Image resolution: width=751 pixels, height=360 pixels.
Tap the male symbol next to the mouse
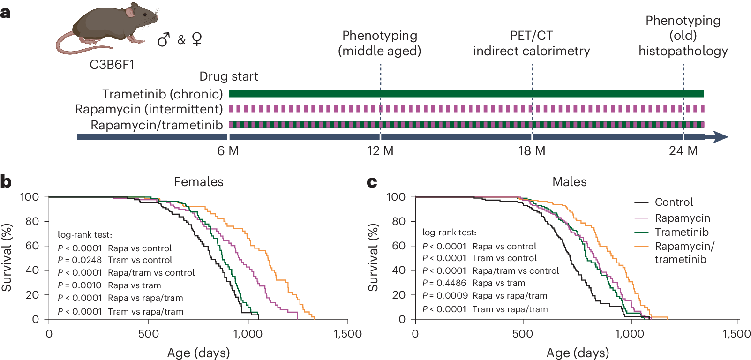click(x=163, y=40)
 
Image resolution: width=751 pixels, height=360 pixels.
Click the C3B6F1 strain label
click(x=112, y=65)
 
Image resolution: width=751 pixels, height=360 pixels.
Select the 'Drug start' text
click(x=228, y=76)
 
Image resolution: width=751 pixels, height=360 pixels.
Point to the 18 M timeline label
click(x=532, y=151)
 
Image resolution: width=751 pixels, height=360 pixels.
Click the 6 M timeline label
click(x=228, y=151)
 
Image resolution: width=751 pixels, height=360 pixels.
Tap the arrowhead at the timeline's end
click(x=720, y=137)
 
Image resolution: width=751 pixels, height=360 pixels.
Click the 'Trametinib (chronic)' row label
click(x=162, y=94)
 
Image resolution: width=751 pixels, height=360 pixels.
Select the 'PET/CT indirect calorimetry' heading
click(x=531, y=43)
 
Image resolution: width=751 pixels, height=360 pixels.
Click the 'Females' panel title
click(x=198, y=182)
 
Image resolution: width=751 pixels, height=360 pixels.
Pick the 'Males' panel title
click(x=569, y=182)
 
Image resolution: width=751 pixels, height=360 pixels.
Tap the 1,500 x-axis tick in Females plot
click(x=347, y=334)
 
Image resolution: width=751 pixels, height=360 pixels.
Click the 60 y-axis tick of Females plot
click(x=32, y=246)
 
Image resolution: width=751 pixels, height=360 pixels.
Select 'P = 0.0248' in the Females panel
click(x=80, y=260)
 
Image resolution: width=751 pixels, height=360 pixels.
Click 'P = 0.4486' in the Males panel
click(x=444, y=283)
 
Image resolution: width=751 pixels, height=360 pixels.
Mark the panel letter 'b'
click(x=6, y=181)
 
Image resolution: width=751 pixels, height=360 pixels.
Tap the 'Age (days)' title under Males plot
click(x=577, y=352)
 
